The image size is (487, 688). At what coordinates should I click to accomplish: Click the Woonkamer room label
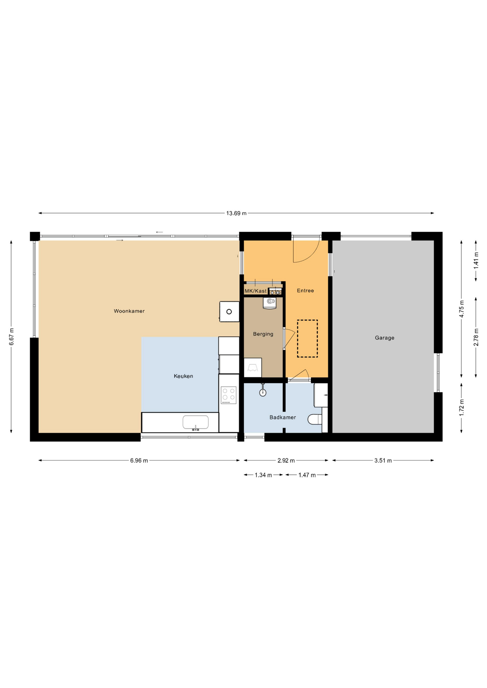[x=129, y=311]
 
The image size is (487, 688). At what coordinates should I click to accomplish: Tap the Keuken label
[x=183, y=376]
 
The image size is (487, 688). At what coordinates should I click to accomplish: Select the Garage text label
[x=384, y=338]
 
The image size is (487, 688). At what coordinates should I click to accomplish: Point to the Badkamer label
[x=283, y=417]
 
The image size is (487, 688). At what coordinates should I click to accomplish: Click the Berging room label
[x=263, y=334]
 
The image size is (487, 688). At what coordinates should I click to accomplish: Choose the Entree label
[x=305, y=291]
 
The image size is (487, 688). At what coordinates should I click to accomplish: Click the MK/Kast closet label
[x=256, y=291]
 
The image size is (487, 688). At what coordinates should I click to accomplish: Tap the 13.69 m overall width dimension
[x=236, y=213]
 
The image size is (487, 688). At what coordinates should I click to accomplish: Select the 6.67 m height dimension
[x=11, y=337]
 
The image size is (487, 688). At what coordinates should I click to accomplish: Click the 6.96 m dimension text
[x=139, y=460]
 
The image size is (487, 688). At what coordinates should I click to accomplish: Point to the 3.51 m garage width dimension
[x=383, y=460]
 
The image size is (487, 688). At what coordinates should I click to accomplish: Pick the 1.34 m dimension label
[x=263, y=475]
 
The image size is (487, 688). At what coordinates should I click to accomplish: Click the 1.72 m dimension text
[x=462, y=407]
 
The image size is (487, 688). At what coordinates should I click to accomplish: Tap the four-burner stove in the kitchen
[x=228, y=395]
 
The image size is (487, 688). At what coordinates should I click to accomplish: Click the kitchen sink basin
[x=195, y=422]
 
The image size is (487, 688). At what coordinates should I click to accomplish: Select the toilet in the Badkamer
[x=315, y=419]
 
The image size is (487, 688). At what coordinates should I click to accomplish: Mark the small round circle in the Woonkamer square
[x=229, y=311]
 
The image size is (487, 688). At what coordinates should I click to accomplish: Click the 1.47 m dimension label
[x=307, y=475]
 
